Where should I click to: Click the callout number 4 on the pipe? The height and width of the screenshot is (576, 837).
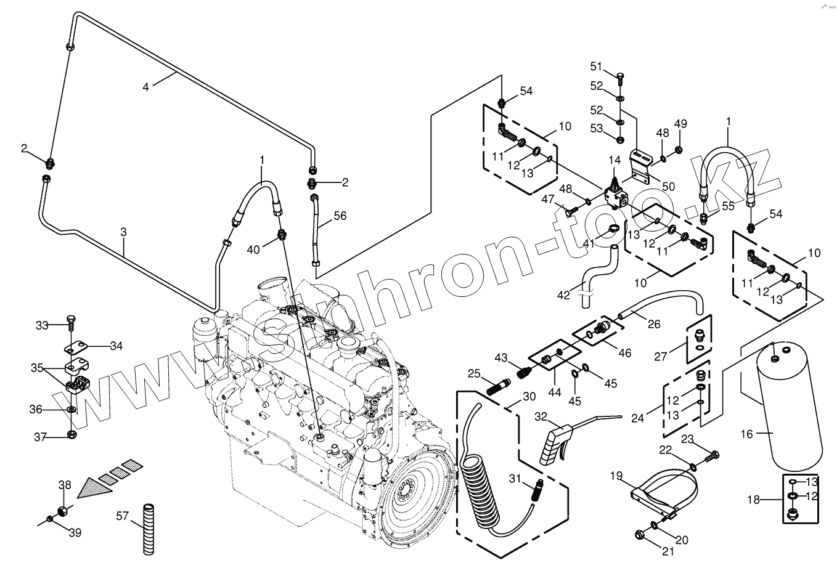[145, 87]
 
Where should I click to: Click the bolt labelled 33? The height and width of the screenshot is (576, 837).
[71, 325]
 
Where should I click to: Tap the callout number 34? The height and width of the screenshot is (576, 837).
[116, 346]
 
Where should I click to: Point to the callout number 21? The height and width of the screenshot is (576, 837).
[668, 552]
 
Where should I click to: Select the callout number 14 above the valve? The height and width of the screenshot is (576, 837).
[614, 160]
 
